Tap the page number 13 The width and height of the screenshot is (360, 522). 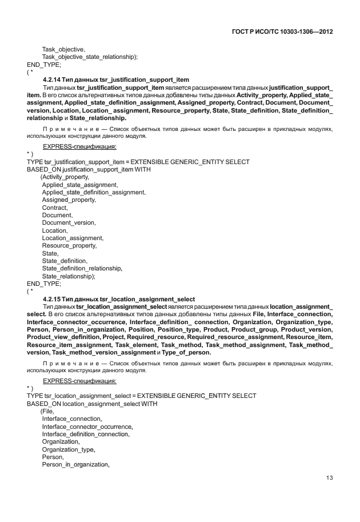pos(329,478)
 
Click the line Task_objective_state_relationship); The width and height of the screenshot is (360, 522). pos(90,57)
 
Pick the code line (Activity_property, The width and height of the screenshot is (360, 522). pos(65,177)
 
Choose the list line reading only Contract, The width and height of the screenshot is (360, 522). pos(55,208)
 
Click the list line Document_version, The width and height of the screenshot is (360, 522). pos(69,223)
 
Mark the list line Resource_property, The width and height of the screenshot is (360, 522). pos(69,246)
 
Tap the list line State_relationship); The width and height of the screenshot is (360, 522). pos(69,276)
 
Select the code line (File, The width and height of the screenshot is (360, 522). pos(47,411)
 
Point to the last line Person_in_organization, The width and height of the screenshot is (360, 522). pos(75,464)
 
